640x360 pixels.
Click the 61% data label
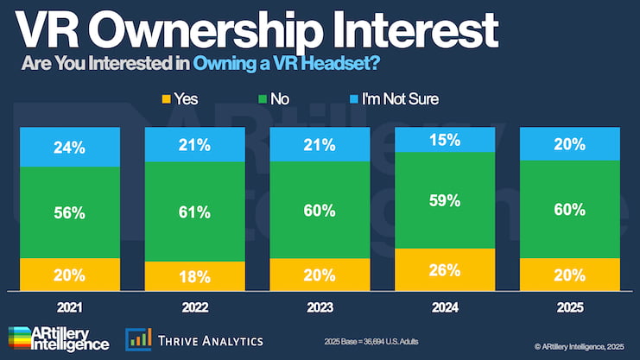[195, 212]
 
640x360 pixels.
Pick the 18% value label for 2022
[195, 277]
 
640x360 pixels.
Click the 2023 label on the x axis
[320, 306]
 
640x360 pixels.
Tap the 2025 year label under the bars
[568, 306]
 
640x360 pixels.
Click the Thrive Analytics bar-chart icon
[138, 339]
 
